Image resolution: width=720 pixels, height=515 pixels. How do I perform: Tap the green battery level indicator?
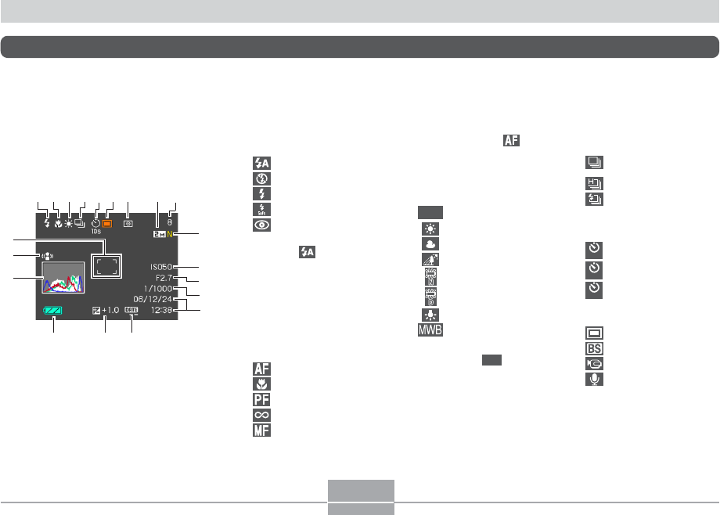point(54,311)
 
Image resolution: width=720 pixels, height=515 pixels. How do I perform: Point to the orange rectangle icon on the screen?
point(107,223)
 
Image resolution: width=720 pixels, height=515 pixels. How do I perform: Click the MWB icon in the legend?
point(430,330)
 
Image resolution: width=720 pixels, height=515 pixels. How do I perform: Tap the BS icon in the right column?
point(594,348)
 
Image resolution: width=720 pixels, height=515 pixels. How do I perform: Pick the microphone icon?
point(594,379)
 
